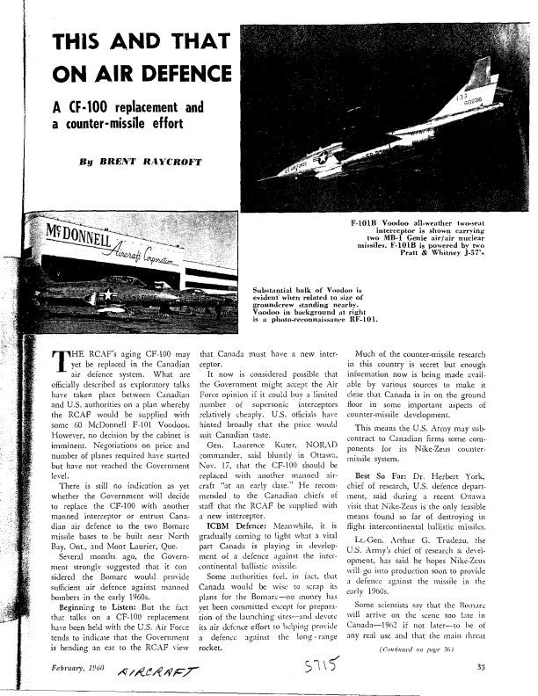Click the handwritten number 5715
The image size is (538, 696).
coord(320,671)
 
